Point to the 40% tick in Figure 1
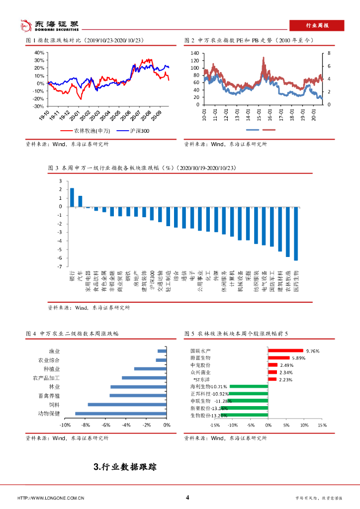pos(39,53)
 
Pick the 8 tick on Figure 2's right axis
pos(329,53)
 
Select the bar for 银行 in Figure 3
pos(72,197)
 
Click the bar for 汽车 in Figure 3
pos(80,201)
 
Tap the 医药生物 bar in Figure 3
pos(296,234)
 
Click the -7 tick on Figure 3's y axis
pos(59,267)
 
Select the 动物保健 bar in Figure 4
pos(120,414)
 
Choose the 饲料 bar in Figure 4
pos(127,405)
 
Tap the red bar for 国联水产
pos(285,350)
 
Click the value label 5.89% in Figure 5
pos(299,358)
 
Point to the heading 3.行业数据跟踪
pos(125,467)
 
